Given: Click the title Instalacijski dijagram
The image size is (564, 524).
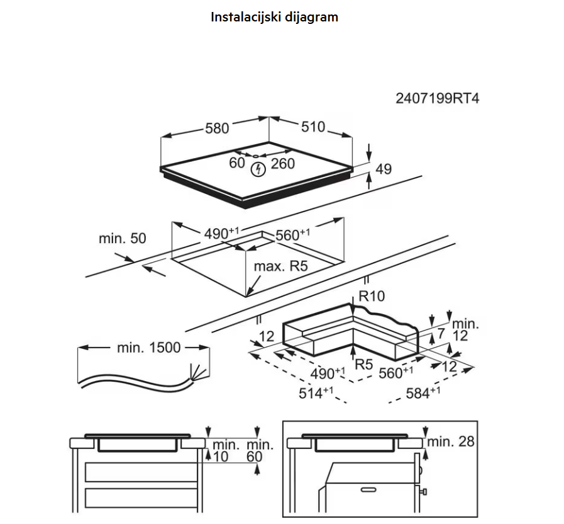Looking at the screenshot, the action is point(274,17).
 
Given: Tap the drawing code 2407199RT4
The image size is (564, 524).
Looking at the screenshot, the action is point(438,98).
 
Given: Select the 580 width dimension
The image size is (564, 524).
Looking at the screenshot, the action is point(217,128).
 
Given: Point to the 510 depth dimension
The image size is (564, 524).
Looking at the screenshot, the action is point(313,127).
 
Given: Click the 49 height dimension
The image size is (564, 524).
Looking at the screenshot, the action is point(384,169).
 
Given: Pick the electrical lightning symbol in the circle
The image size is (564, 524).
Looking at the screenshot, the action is point(258,169).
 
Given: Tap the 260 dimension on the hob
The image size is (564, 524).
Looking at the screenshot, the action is point(283,164).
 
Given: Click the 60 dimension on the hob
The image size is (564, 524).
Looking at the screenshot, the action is point(237,163).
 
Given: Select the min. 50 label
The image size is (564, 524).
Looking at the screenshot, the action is point(123,238).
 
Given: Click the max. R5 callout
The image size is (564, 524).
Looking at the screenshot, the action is point(281,266).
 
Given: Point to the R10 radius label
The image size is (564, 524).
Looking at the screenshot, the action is point(372,296).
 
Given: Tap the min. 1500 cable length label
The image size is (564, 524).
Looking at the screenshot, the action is point(149,348).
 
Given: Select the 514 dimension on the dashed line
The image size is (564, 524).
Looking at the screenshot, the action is point(316,393).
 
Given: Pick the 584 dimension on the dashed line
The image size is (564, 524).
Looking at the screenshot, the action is point(423,393).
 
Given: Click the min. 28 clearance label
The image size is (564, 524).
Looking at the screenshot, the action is point(451,441).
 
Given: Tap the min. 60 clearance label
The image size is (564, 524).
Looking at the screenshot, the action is point(260,450).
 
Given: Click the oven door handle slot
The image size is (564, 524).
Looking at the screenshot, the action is point(368,490).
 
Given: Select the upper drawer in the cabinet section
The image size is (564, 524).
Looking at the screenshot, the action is point(141,472).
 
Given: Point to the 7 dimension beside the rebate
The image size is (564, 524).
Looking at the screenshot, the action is point(441,333).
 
